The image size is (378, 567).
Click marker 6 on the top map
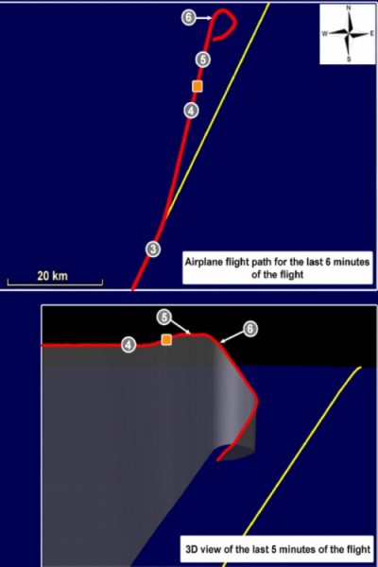(x=188, y=17)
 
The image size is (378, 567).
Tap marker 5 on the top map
(x=203, y=60)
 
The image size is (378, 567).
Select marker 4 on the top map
(x=191, y=110)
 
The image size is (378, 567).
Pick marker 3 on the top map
(x=153, y=249)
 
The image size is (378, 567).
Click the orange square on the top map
(x=198, y=86)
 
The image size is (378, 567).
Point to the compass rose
(x=348, y=34)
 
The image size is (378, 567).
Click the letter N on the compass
(x=349, y=8)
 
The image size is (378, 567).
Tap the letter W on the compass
(x=325, y=34)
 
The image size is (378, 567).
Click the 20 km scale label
(x=53, y=276)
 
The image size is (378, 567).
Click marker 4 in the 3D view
(x=129, y=344)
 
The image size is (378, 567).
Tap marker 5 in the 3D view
(x=164, y=318)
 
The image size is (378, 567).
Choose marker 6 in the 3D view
(x=249, y=329)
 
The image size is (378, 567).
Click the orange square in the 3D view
(x=166, y=339)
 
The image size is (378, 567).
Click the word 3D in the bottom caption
(x=192, y=549)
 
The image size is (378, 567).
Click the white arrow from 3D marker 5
(x=180, y=326)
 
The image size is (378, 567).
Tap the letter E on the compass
(x=371, y=34)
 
